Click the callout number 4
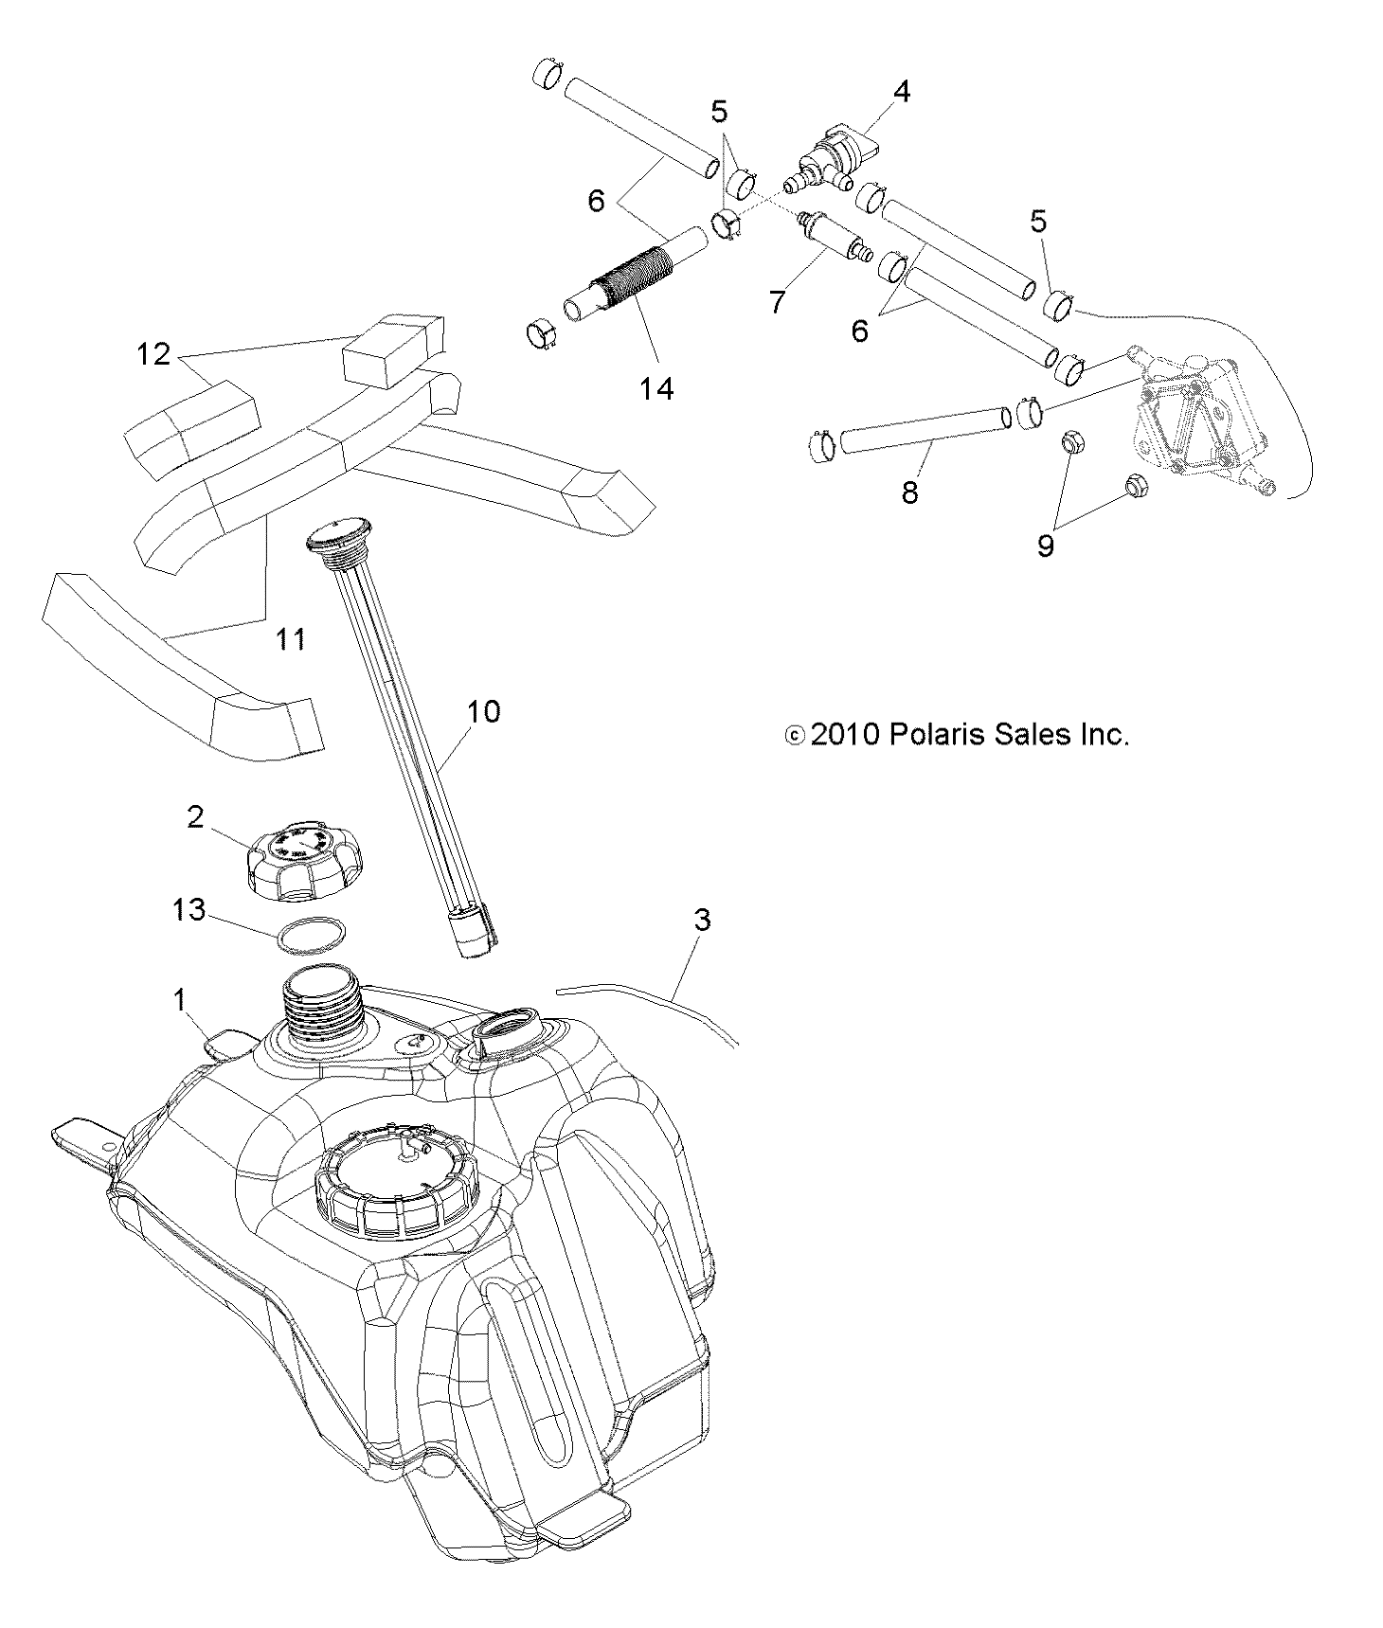pyautogui.click(x=901, y=92)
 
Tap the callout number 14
pyautogui.click(x=656, y=388)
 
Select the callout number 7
pyautogui.click(x=777, y=303)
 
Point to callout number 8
pyautogui.click(x=909, y=492)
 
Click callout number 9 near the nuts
pyautogui.click(x=1046, y=546)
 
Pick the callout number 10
pyautogui.click(x=483, y=711)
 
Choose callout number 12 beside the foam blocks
pyautogui.click(x=153, y=354)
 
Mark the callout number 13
pyautogui.click(x=189, y=910)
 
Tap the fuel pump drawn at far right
pyautogui.click(x=1199, y=417)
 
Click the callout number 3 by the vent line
pyautogui.click(x=702, y=920)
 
